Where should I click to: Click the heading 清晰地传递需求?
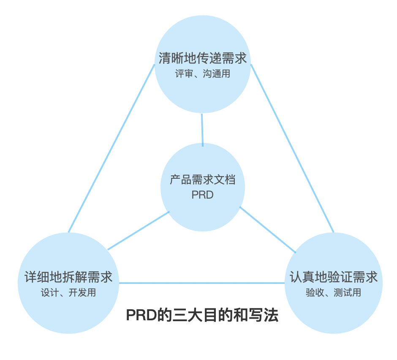[202, 58]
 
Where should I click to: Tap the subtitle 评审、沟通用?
[202, 74]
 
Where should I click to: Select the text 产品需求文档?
[202, 180]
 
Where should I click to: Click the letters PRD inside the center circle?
[202, 195]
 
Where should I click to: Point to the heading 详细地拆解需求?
[68, 277]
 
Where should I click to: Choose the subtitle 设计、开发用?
[68, 292]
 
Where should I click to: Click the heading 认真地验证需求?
[333, 277]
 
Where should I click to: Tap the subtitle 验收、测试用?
[333, 292]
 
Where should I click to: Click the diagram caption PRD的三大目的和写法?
[202, 315]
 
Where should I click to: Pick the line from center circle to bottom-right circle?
[268, 229]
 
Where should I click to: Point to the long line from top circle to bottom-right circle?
[292, 148]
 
